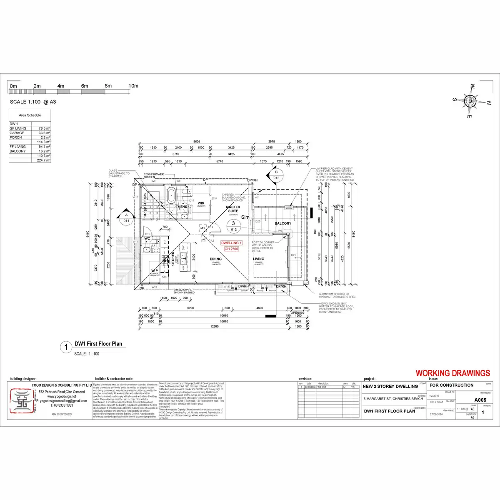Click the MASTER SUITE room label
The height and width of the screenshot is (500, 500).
tap(233, 209)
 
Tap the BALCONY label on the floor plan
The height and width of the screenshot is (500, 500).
tap(283, 224)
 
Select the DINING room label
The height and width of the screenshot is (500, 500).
tap(216, 259)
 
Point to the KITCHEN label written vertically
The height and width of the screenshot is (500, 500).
tap(173, 259)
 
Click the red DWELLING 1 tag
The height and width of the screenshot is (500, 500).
tap(231, 242)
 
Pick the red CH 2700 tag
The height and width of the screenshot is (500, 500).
tap(231, 249)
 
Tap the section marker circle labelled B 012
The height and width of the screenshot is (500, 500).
tap(276, 175)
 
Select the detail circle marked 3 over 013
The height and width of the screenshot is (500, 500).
tap(233, 226)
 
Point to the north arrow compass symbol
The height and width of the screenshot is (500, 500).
tap(470, 100)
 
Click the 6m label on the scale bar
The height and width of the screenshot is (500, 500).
tap(85, 86)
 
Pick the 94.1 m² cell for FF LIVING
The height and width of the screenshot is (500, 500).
tap(45, 147)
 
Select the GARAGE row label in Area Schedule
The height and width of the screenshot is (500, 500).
tap(17, 133)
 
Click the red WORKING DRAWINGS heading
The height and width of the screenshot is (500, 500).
tap(452, 373)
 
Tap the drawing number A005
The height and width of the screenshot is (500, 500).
tap(480, 400)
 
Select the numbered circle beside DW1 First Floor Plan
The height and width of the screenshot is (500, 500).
tap(66, 347)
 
